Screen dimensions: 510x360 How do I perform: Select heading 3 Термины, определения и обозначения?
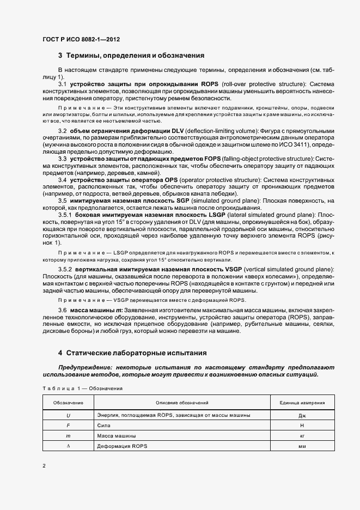131,56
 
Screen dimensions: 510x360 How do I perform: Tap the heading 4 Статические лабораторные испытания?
133,353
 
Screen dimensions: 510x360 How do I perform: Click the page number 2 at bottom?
44,465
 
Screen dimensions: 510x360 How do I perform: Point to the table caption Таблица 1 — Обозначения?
82,388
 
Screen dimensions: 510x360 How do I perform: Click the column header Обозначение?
68,403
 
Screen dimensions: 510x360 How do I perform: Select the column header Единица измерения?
302,403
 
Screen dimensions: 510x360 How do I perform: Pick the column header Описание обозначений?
182,403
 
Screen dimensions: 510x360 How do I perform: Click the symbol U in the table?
68,415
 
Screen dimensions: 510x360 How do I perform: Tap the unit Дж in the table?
302,415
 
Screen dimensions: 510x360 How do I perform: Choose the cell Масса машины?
117,436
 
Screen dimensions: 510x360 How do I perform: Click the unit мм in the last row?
302,446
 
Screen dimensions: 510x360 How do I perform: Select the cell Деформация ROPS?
122,446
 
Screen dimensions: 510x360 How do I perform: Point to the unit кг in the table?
302,436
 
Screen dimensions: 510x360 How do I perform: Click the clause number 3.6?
62,310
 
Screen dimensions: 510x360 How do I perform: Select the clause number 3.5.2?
65,270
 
